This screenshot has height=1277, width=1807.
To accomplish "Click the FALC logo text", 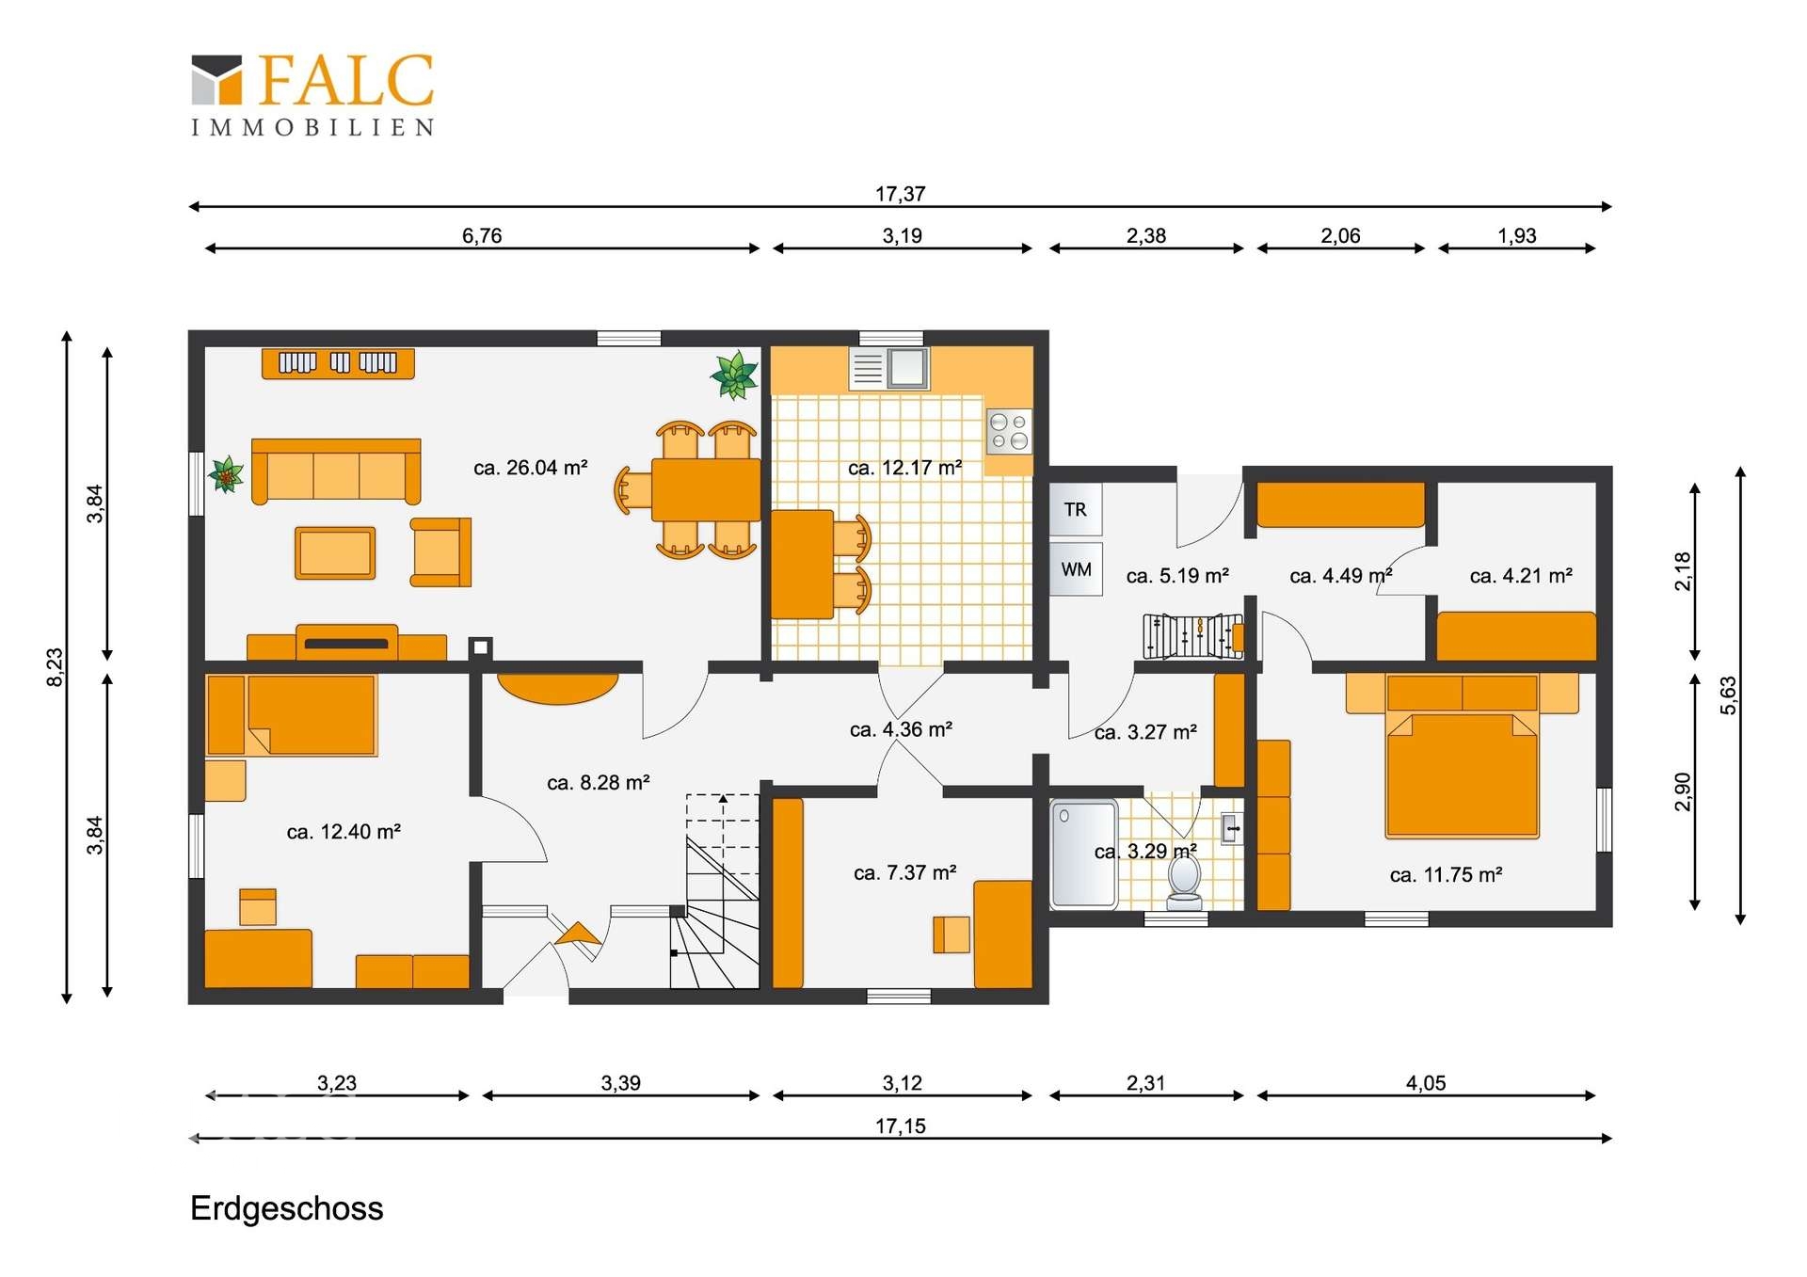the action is pyautogui.click(x=345, y=80).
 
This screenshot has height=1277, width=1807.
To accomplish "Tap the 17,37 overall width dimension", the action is pyautogui.click(x=901, y=194).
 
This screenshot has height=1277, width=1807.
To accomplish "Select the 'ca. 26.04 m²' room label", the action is pyautogui.click(x=531, y=467).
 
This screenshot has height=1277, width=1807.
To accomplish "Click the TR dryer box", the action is pyautogui.click(x=1076, y=509).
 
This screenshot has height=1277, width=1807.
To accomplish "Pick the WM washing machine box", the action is pyautogui.click(x=1076, y=569).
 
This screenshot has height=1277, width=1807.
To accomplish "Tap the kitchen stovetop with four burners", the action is pyautogui.click(x=1009, y=432).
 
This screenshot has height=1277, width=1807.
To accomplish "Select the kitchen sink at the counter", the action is pyautogui.click(x=888, y=368).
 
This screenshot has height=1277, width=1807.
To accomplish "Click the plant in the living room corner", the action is pyautogui.click(x=734, y=375).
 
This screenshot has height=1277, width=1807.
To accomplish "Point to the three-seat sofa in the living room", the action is pyautogui.click(x=336, y=471).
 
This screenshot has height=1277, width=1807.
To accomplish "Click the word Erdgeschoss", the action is pyautogui.click(x=287, y=1208).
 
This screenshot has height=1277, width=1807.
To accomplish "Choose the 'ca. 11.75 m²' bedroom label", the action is pyautogui.click(x=1446, y=875).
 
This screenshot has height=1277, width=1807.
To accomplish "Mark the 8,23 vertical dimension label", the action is pyautogui.click(x=56, y=667).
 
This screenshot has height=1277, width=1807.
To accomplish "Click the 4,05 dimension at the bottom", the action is pyautogui.click(x=1426, y=1083).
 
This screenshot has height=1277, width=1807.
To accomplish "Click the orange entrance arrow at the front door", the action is pyautogui.click(x=578, y=934).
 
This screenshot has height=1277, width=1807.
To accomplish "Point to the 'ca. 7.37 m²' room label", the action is pyautogui.click(x=905, y=873).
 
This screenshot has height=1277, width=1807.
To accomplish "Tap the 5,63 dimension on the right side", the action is pyautogui.click(x=1729, y=695).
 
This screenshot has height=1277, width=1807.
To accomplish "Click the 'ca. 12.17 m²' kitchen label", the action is pyautogui.click(x=905, y=468).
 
